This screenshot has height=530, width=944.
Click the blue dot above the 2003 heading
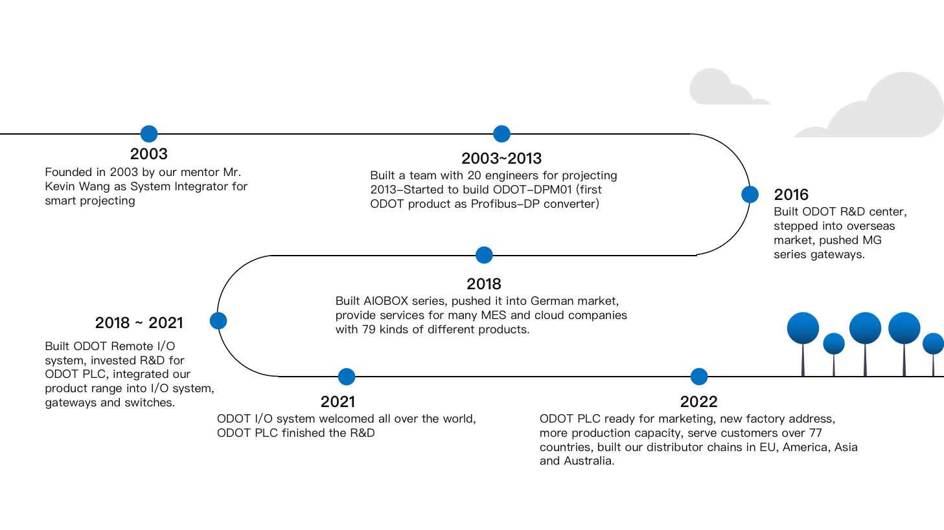click(149, 134)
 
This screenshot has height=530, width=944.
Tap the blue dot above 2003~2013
click(501, 134)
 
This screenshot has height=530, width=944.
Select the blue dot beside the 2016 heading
click(750, 195)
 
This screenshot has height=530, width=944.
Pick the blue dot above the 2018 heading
click(484, 255)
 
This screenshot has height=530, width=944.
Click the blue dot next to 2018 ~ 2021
click(218, 321)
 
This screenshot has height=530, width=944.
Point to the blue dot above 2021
click(347, 377)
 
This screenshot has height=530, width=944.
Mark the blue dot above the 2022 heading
click(698, 377)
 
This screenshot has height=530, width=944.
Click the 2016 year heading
click(791, 195)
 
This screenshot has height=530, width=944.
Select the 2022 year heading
click(698, 402)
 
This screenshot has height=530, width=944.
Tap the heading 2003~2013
click(501, 159)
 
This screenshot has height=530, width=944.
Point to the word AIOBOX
click(386, 301)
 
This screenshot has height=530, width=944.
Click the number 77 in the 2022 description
click(816, 433)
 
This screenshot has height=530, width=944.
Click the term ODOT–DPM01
click(533, 190)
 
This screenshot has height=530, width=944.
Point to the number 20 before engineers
click(474, 175)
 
